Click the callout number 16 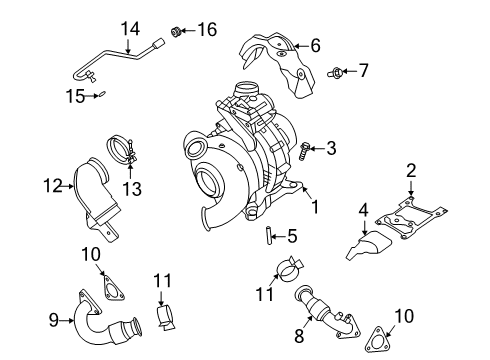[207, 29]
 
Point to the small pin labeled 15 [101, 95]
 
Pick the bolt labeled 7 [338, 71]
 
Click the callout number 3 [330, 148]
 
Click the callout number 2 [410, 170]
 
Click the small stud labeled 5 [268, 236]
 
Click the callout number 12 [52, 184]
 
